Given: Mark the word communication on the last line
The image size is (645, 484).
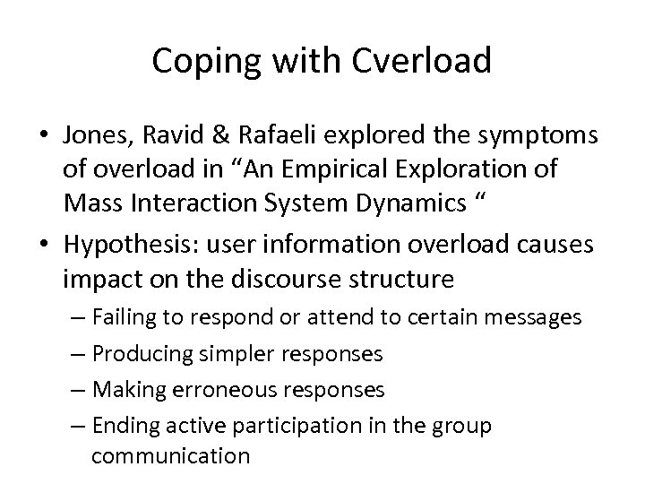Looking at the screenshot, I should (170, 455).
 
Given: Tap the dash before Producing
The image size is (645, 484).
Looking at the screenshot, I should (80, 353).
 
